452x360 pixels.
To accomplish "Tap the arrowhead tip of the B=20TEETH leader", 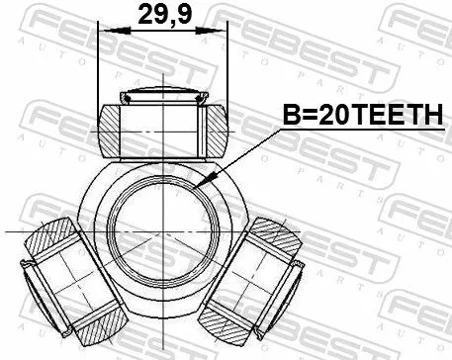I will (199, 185).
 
